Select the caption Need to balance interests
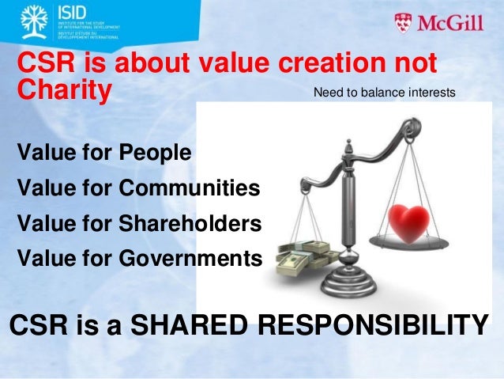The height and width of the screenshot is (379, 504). (385, 93)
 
